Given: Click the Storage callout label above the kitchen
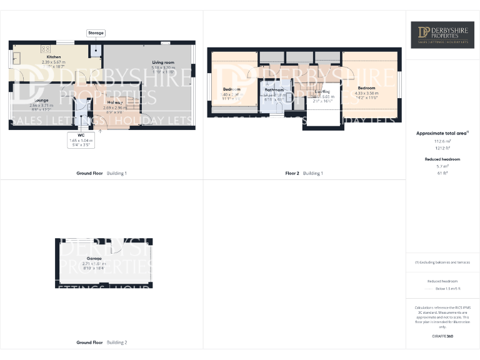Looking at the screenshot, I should (x=96, y=32).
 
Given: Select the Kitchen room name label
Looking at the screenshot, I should (x=54, y=57).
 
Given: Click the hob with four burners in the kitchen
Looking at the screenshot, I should (x=46, y=48).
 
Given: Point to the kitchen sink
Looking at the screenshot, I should (x=16, y=58).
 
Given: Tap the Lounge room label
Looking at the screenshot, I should (x=41, y=100).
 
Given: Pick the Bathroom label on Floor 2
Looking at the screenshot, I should (x=274, y=89).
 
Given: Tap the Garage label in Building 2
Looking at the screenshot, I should (x=94, y=258).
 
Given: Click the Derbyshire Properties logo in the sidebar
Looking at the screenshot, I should (x=442, y=35).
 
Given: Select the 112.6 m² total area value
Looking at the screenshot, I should (x=442, y=141).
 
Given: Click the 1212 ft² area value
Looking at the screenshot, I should (x=442, y=147).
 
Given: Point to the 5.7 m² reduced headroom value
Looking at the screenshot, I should (x=442, y=167).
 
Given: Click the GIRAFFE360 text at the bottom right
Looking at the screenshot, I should (x=442, y=337).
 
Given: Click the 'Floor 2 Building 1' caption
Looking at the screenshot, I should (x=304, y=173).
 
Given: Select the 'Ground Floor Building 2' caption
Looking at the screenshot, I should (x=101, y=342).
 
